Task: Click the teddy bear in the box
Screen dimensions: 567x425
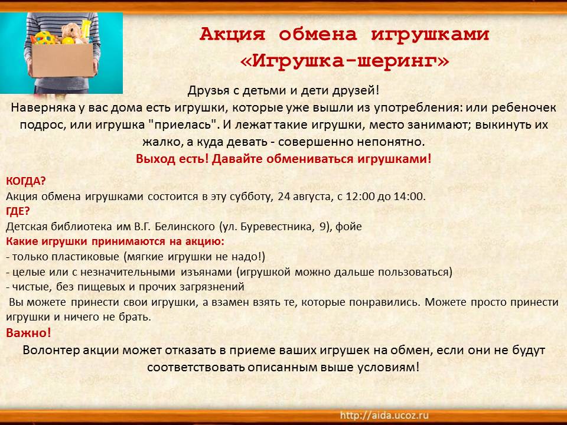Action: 72,33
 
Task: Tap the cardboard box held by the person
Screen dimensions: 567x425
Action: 62,60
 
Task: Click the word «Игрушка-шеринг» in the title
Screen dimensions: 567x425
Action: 344,61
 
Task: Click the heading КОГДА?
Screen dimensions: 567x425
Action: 26,181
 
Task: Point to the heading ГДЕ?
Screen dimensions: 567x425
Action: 18,211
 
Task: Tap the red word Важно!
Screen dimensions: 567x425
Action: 28,332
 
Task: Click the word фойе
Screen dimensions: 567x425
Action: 348,227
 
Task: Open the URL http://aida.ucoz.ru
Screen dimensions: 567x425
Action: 384,415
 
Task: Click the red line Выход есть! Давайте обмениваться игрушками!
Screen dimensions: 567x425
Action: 283,159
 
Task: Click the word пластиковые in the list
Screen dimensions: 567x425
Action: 85,257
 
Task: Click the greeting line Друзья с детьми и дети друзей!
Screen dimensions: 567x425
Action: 283,90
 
